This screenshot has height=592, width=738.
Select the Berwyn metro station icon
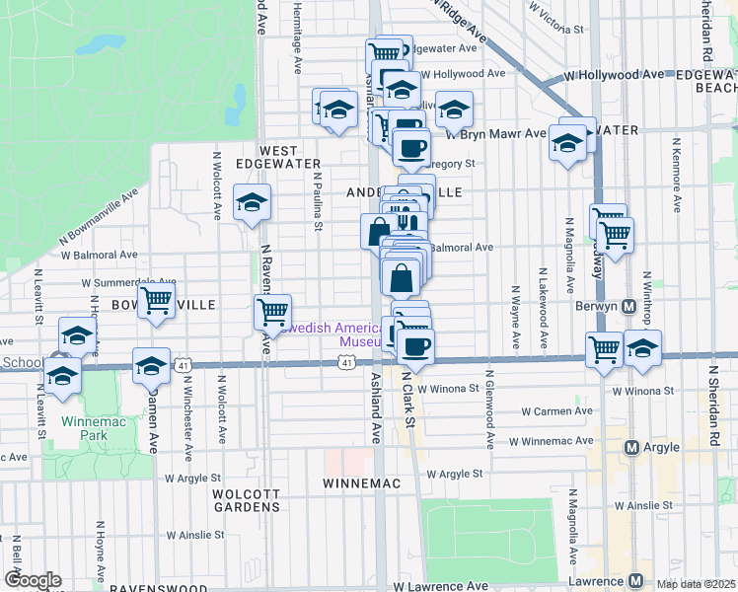coord(628,306)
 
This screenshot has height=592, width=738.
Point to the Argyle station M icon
coord(633,448)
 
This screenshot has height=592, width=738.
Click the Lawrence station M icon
coord(637,581)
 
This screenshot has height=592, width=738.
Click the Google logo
coord(33,581)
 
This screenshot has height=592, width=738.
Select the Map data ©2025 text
coord(697,584)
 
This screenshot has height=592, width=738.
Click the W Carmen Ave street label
coord(557,410)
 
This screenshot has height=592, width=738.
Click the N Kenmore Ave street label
coord(676,178)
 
